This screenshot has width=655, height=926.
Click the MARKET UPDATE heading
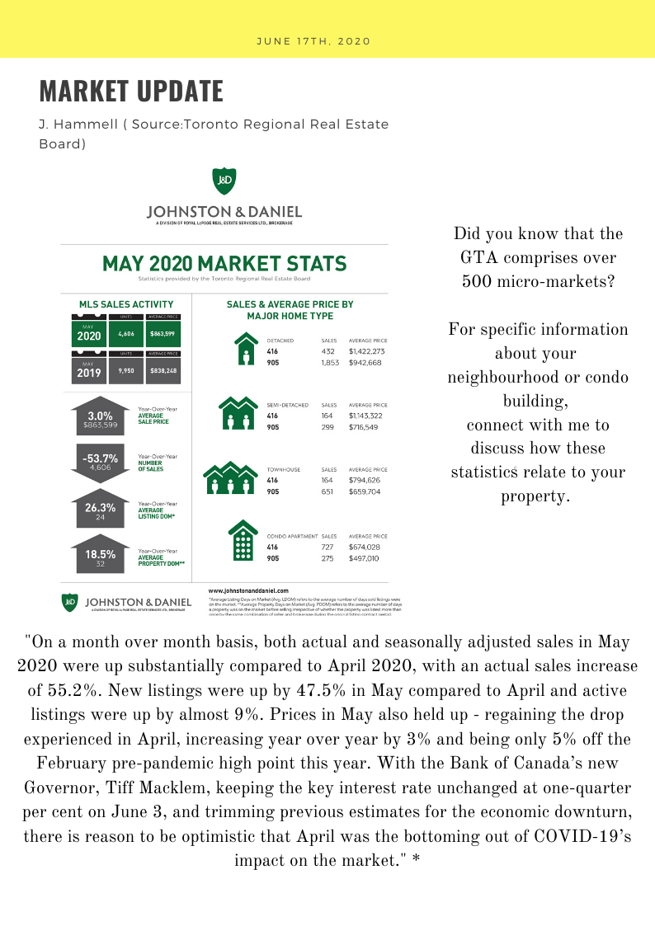click(131, 91)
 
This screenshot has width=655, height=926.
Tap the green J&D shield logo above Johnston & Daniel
click(224, 179)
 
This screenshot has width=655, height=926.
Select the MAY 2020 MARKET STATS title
click(224, 265)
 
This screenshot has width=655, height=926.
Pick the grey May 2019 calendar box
click(88, 368)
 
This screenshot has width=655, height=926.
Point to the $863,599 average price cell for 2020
click(163, 334)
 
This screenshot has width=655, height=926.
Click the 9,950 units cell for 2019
click(125, 371)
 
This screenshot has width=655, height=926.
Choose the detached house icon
click(246, 350)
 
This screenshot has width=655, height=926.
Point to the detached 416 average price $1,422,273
click(368, 350)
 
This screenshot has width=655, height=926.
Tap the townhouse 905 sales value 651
click(328, 491)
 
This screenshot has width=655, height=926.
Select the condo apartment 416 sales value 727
click(328, 547)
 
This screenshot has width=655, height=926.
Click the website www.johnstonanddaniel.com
click(248, 591)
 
